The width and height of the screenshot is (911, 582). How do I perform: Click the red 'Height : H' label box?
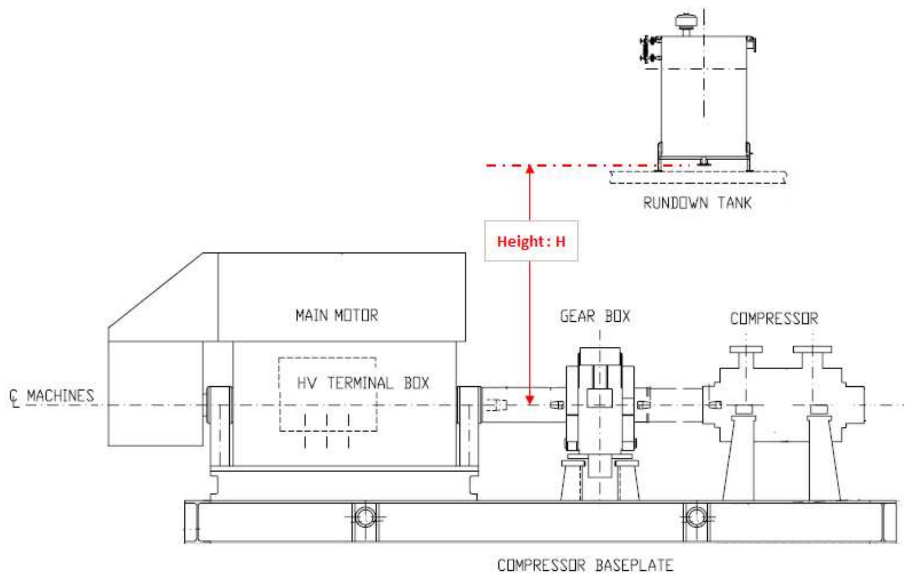click(x=531, y=241)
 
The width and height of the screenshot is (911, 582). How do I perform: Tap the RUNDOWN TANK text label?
click(x=697, y=203)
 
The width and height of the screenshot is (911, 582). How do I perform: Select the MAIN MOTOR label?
click(x=337, y=315)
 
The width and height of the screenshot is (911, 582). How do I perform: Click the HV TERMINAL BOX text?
click(x=362, y=383)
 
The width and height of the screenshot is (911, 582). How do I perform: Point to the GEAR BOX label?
click(x=595, y=317)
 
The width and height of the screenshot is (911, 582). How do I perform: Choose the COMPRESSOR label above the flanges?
click(x=774, y=319)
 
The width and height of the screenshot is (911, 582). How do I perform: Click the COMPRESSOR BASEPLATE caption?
click(x=585, y=565)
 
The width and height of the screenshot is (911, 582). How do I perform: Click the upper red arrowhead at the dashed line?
click(x=530, y=169)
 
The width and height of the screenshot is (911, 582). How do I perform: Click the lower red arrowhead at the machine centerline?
click(x=530, y=400)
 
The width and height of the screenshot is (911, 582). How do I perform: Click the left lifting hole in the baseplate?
click(x=365, y=517)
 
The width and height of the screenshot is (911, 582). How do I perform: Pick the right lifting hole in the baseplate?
click(x=696, y=517)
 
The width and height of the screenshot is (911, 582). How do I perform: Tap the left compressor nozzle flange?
click(x=746, y=349)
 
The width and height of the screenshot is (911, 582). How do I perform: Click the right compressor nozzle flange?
click(x=812, y=349)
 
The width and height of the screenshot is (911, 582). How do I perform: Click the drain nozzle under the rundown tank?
click(x=704, y=162)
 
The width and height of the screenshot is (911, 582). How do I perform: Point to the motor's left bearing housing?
click(x=219, y=405)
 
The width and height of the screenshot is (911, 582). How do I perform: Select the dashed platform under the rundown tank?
click(x=697, y=177)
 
